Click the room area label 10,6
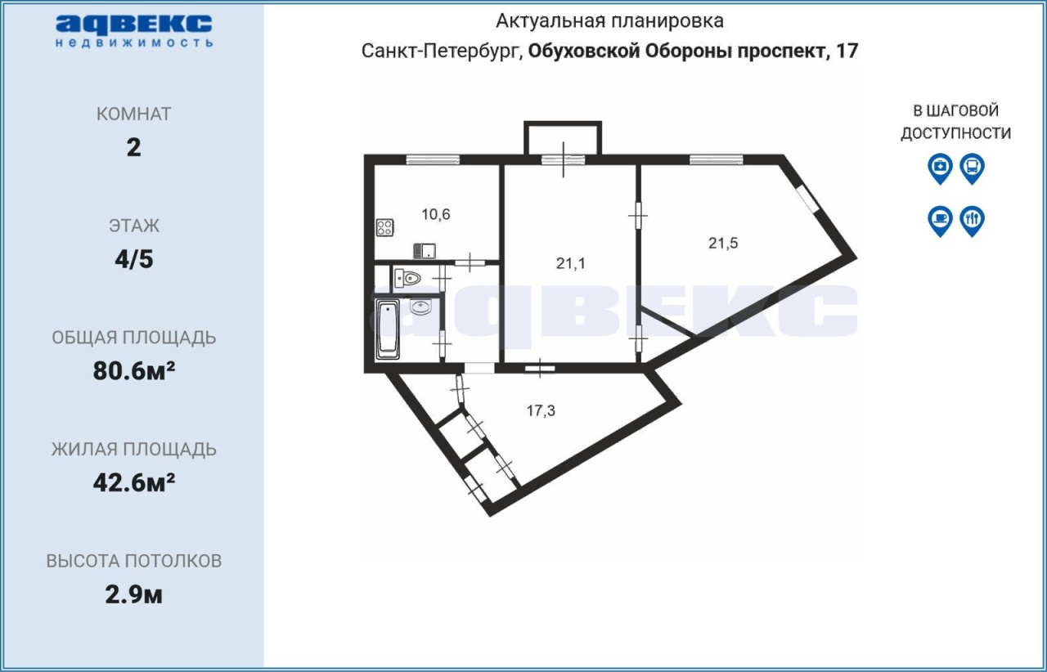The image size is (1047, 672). pos(436,214)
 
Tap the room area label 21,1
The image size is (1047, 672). pos(570,264)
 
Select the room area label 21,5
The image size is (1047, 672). pos(723,243)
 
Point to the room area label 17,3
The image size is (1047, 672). pos(541,410)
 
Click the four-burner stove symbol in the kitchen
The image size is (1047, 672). pos(384,227)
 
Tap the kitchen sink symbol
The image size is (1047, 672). pos(425,252)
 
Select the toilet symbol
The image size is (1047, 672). pos(407,279)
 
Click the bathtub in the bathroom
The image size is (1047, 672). pos(388,330)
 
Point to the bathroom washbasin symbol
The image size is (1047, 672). pos(420,307)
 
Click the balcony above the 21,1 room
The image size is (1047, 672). pos(563,138)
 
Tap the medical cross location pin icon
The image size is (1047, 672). pos(940,168)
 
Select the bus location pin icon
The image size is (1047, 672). pos(973,168)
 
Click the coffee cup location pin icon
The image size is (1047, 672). pos(940,221)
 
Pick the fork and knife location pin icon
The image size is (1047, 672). pos(973,221)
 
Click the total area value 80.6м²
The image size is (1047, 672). pos(134,371)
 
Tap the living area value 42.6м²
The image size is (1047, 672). pos(134,482)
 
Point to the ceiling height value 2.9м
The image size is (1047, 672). pos(134,595)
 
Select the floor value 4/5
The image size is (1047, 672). pos(134,259)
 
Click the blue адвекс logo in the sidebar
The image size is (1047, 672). pos(134,31)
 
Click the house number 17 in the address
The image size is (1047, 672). pos(847,51)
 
